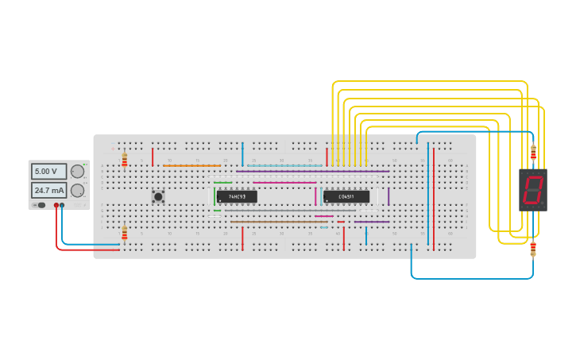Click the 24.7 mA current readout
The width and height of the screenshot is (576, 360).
(x=48, y=191)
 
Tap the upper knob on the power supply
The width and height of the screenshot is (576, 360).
(x=77, y=171)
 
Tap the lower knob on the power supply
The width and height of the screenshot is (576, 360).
(x=77, y=191)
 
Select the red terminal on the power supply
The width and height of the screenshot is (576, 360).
(x=56, y=205)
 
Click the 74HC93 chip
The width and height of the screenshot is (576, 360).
(x=237, y=196)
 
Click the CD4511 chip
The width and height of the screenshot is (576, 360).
(x=346, y=196)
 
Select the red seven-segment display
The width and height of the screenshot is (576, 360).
(x=532, y=189)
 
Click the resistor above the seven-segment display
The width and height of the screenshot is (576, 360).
(x=533, y=153)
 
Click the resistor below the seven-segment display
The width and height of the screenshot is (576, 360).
(x=533, y=249)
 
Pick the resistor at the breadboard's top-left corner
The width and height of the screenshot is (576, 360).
(x=124, y=161)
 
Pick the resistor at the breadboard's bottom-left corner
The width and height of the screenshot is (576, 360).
(x=124, y=233)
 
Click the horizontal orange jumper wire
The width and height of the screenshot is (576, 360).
(x=191, y=165)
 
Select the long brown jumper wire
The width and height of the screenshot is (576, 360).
(x=278, y=222)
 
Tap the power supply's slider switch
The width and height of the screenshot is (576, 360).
(x=39, y=205)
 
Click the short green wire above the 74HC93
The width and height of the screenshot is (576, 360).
(x=222, y=183)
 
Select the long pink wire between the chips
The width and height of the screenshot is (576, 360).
(x=284, y=183)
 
